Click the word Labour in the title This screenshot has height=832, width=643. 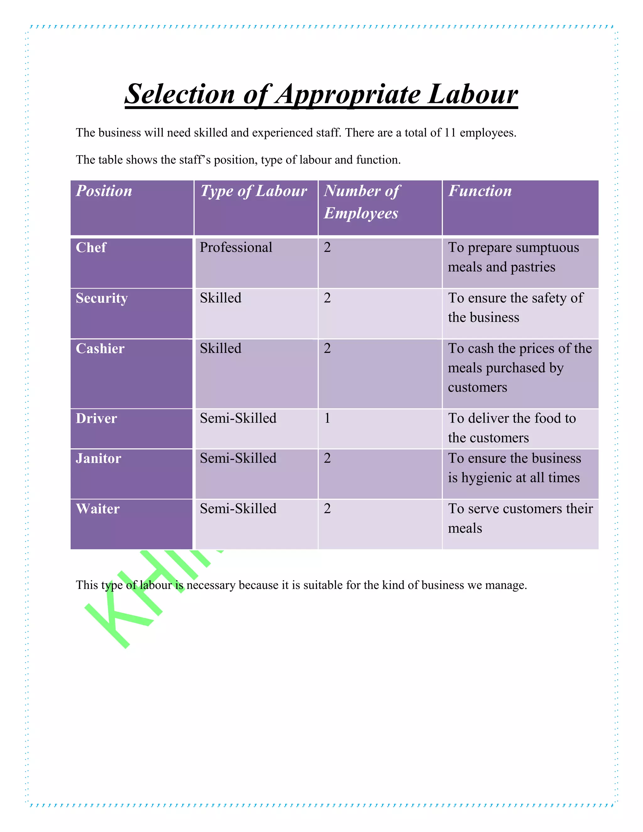[x=472, y=94]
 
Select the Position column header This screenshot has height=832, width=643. [x=104, y=191]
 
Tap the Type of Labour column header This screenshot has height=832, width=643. [x=254, y=191]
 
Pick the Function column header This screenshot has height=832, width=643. [x=480, y=191]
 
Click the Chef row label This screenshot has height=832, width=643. [x=91, y=248]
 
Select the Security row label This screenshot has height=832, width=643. [x=102, y=298]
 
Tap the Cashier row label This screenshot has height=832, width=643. [x=100, y=348]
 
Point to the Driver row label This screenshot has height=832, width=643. [x=96, y=418]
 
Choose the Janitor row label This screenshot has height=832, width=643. [x=98, y=458]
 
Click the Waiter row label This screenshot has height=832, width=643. [x=98, y=509]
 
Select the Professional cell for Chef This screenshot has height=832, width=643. [x=236, y=248]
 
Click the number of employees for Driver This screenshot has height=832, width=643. [x=327, y=418]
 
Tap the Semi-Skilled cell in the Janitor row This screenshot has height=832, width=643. [x=238, y=458]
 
